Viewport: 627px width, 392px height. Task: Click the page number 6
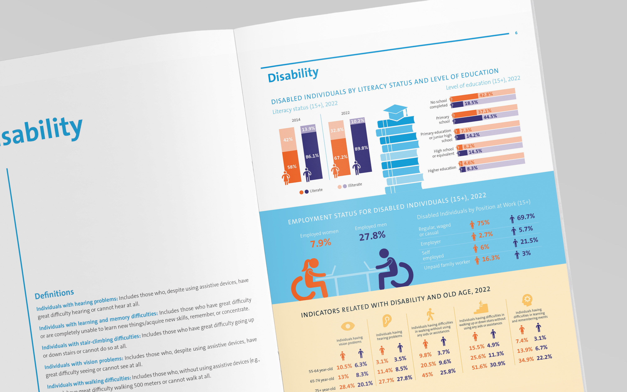(x=516, y=33)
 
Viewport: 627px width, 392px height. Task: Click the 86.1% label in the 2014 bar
(x=312, y=156)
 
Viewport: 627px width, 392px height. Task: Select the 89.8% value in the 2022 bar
(x=361, y=148)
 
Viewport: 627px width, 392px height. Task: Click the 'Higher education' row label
(x=442, y=169)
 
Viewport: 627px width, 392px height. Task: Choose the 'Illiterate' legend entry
(x=354, y=185)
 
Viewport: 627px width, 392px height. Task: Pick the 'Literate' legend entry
(x=316, y=190)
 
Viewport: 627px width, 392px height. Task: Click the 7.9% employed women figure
(x=320, y=243)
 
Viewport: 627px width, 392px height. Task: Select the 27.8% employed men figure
(x=372, y=236)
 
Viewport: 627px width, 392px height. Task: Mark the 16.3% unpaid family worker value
(x=491, y=258)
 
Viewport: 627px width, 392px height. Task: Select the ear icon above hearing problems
(x=387, y=320)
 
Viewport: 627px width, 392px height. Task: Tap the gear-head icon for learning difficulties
(x=527, y=300)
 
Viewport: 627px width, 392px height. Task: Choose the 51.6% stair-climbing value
(x=479, y=366)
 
